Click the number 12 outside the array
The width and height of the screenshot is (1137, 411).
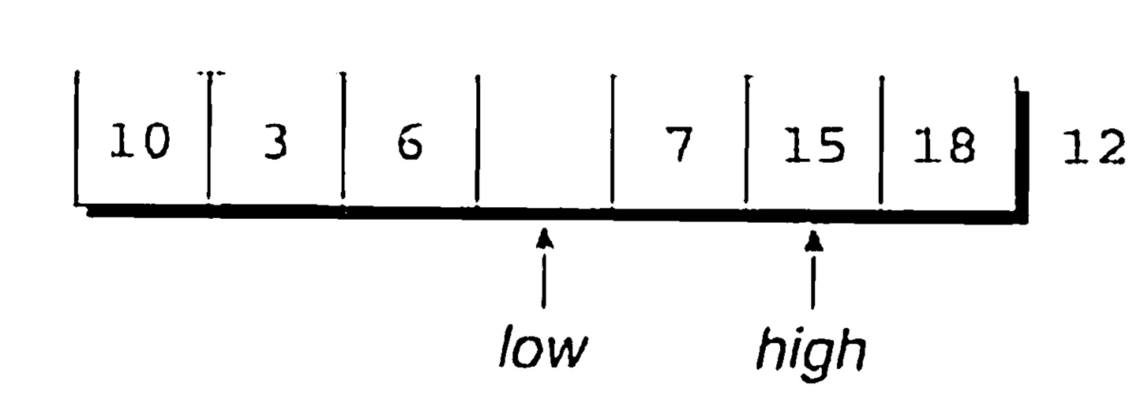[x=1092, y=148]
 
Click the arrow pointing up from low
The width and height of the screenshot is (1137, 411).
[x=542, y=269]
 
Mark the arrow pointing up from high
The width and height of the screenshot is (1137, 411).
[x=812, y=269]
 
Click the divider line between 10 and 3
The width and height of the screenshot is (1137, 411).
[x=210, y=138]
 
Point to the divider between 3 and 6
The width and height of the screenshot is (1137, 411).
[x=343, y=138]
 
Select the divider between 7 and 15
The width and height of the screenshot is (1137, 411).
[x=746, y=138]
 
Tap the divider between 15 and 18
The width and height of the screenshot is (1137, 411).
[x=881, y=138]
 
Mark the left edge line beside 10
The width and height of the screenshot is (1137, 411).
[x=77, y=138]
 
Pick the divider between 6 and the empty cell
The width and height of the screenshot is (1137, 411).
[x=477, y=138]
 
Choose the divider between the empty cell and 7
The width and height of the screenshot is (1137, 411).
[x=613, y=138]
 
